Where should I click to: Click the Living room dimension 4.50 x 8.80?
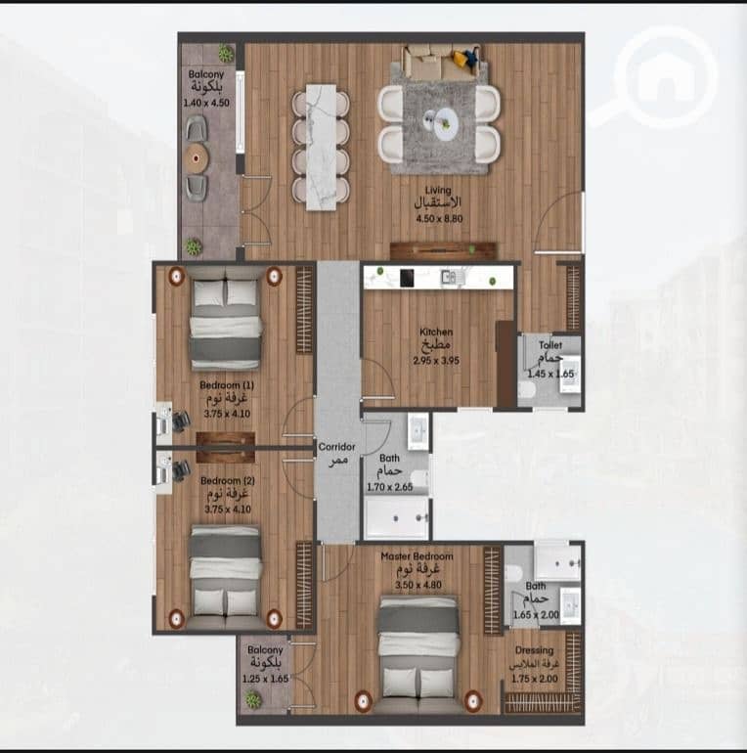coord(439,219)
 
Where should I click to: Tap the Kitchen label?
coord(436,332)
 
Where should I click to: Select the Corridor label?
coord(336,447)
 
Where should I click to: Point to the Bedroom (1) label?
coord(227,385)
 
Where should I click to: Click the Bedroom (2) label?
coord(228,481)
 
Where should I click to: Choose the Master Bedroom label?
coord(417,556)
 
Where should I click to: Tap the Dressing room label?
coord(534,650)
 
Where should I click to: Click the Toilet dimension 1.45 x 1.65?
coord(550,375)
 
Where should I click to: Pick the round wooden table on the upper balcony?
coord(197,156)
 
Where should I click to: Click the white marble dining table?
coord(322,147)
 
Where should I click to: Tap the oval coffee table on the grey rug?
coord(447,123)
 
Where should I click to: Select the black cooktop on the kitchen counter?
coord(407,278)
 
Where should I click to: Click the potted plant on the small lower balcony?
coord(253,699)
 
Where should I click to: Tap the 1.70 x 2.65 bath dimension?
coord(390,487)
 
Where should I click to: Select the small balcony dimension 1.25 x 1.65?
coord(265,679)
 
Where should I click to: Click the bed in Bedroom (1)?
coord(226,321)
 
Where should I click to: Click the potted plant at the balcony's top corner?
coord(226,54)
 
